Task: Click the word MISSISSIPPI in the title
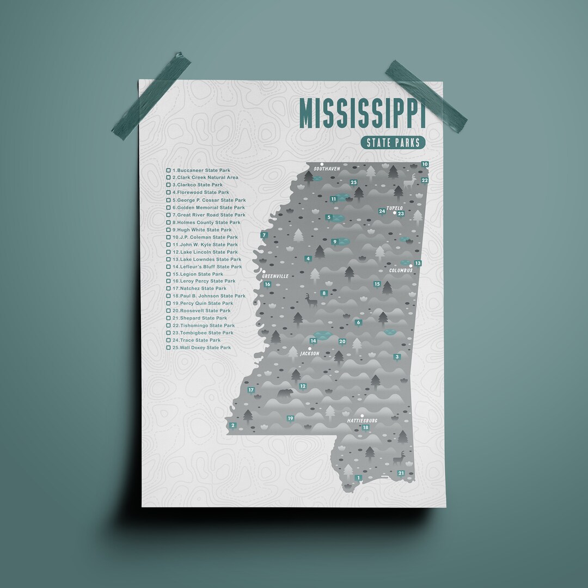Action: pyautogui.click(x=362, y=114)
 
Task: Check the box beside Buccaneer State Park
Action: pyautogui.click(x=169, y=170)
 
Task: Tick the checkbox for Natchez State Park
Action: pyautogui.click(x=169, y=289)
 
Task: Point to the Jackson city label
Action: pyautogui.click(x=310, y=353)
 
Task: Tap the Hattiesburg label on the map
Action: pyautogui.click(x=363, y=420)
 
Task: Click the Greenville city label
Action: pyautogui.click(x=275, y=276)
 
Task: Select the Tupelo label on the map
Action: pyautogui.click(x=394, y=208)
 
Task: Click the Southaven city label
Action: pyautogui.click(x=327, y=169)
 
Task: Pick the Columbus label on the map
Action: pyautogui.click(x=401, y=270)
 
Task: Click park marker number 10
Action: pyautogui.click(x=425, y=164)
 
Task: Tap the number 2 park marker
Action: pyautogui.click(x=233, y=425)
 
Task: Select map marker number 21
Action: pyautogui.click(x=401, y=473)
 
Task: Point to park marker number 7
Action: pyautogui.click(x=264, y=235)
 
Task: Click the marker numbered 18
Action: pyautogui.click(x=365, y=427)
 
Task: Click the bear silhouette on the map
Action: pyautogui.click(x=285, y=393)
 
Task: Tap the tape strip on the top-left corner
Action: pyautogui.click(x=151, y=96)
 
